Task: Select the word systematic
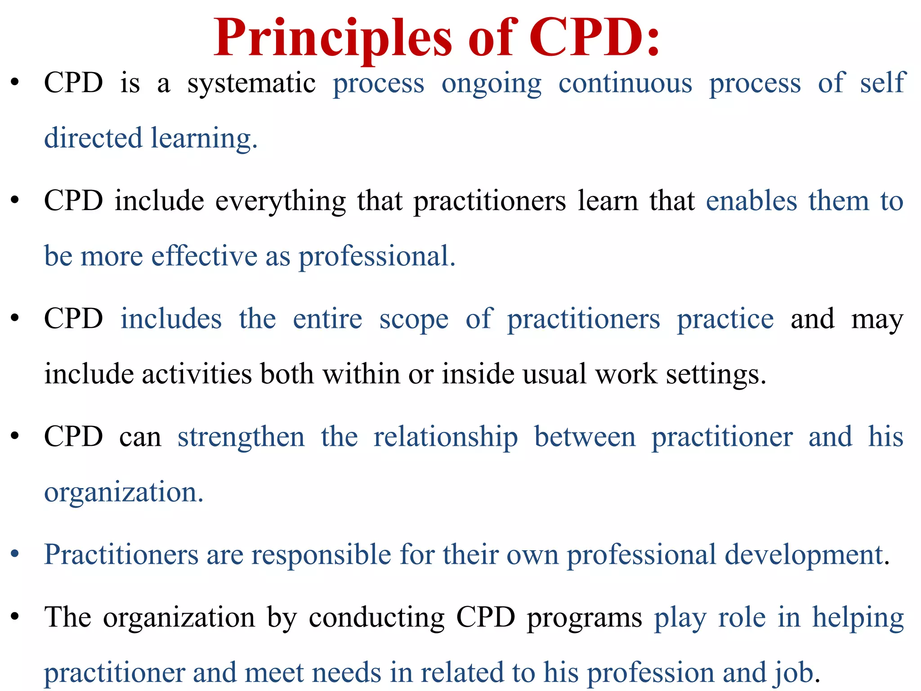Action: coord(251,84)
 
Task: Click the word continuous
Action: coord(625,84)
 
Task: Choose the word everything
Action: coord(281,202)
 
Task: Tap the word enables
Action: coord(751,201)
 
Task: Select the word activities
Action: coord(197,374)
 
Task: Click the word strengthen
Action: coord(241,438)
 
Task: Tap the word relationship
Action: coord(446,438)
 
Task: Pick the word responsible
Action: coord(321,555)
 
